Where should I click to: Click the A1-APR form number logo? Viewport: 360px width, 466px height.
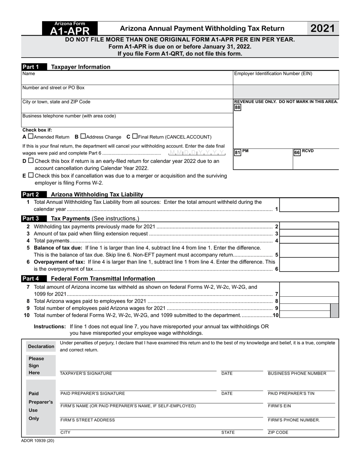point(70,28)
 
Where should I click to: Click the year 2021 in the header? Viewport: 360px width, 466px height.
point(322,28)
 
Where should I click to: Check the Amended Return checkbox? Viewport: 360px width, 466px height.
point(31,136)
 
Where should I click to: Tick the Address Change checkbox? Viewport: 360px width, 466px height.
point(83,136)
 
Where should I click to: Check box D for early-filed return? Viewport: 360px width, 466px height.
point(31,161)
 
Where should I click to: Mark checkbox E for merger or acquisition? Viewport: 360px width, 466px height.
point(31,175)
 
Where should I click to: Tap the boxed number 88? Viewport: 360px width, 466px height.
point(237,108)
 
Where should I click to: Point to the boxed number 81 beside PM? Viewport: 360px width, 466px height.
point(238,152)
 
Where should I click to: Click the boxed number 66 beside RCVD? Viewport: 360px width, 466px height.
point(297,152)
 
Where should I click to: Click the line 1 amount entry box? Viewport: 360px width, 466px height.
point(309,205)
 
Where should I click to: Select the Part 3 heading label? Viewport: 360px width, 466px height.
point(30,219)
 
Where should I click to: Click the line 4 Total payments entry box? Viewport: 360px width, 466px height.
point(309,241)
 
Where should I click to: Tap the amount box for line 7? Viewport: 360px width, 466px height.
point(309,290)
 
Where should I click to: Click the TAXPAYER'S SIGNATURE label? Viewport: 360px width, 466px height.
point(86,374)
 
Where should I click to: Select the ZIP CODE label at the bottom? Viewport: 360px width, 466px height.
point(278,432)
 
